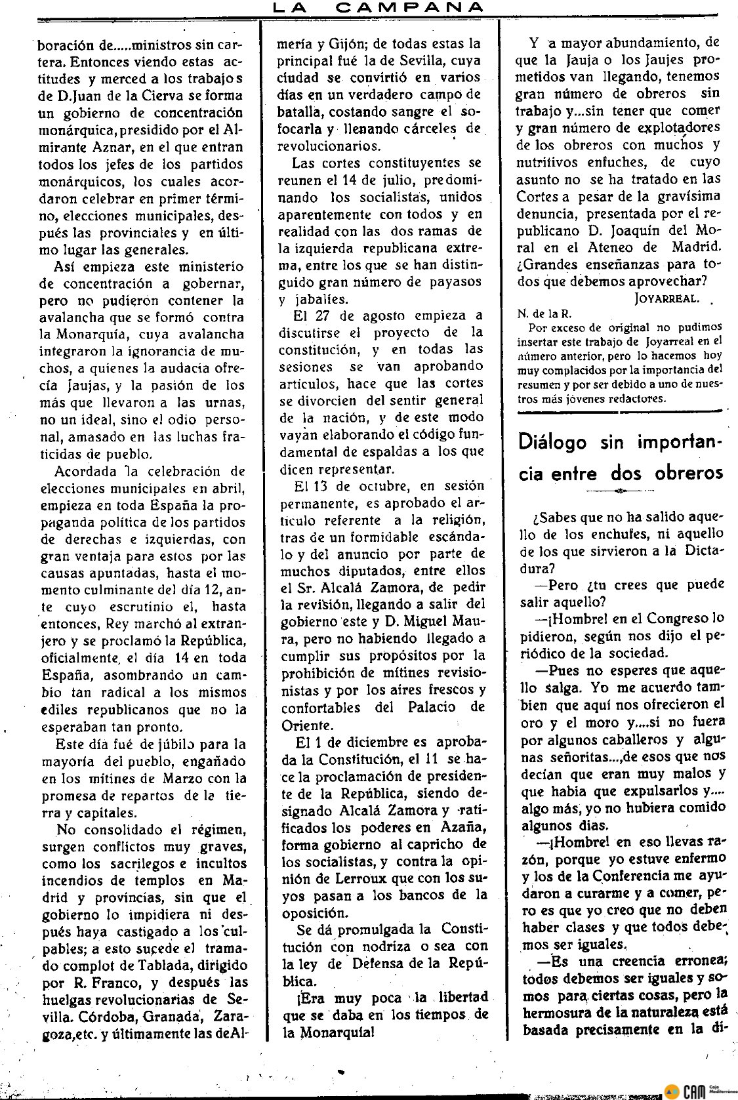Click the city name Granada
point(170,1017)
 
